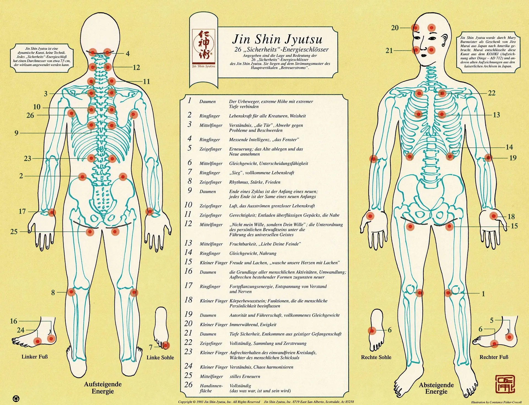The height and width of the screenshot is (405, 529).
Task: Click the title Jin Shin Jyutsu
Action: (x=277, y=39)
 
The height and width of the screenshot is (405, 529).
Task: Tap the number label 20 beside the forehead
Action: (x=395, y=28)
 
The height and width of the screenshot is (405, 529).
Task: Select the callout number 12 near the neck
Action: (x=136, y=67)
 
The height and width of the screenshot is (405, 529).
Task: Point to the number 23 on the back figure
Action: (x=28, y=158)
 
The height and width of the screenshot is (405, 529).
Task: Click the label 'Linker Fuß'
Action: (x=35, y=357)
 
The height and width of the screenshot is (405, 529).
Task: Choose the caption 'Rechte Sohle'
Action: (x=376, y=357)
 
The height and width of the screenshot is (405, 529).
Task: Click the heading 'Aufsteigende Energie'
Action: (x=103, y=388)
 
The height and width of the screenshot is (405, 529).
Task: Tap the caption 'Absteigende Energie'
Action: (x=436, y=388)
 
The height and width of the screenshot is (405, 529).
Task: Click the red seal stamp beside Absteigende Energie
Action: (x=505, y=384)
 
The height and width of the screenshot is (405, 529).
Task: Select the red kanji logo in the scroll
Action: (x=204, y=45)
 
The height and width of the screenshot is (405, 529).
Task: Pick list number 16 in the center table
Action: (x=188, y=271)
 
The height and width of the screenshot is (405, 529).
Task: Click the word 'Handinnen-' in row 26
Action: (x=211, y=386)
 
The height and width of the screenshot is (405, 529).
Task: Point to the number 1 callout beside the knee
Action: (x=483, y=294)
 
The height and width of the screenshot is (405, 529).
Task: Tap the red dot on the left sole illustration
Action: (x=165, y=345)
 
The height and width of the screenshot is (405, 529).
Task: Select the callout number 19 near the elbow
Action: (x=513, y=158)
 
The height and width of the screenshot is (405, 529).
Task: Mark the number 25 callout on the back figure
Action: (x=14, y=232)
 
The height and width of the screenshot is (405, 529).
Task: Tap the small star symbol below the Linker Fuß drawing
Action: (x=16, y=398)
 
